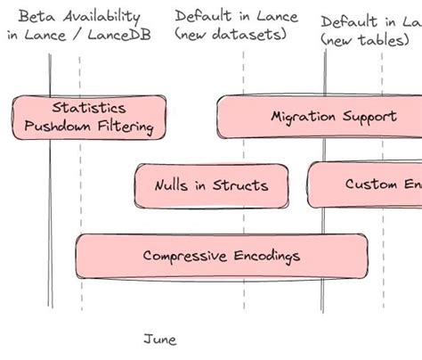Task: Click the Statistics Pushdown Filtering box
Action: [89, 117]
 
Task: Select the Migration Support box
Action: [320, 117]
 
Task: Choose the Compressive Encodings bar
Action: [221, 256]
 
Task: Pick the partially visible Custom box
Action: [365, 184]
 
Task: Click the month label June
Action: [160, 340]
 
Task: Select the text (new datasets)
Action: [231, 35]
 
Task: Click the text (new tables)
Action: [365, 40]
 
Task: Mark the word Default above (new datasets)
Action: [205, 16]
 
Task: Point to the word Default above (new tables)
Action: [349, 22]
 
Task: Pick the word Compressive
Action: [182, 256]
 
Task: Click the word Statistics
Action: [89, 108]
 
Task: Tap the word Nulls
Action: [170, 185]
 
